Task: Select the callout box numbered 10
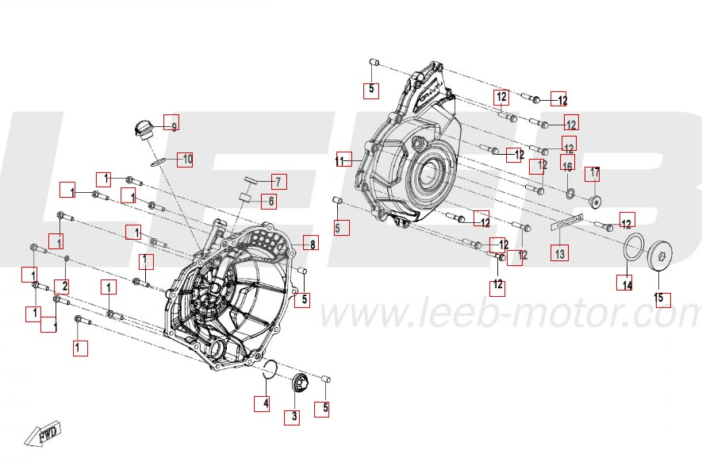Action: tap(185, 159)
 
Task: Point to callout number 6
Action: tap(269, 202)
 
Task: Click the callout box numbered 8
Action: tap(311, 245)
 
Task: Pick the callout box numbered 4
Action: tap(263, 403)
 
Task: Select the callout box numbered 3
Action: tap(293, 416)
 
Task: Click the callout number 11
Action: tap(343, 160)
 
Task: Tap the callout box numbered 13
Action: tap(560, 254)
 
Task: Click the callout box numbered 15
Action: tap(662, 299)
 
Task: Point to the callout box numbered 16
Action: tap(567, 165)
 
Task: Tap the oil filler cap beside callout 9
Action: tap(144, 129)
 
